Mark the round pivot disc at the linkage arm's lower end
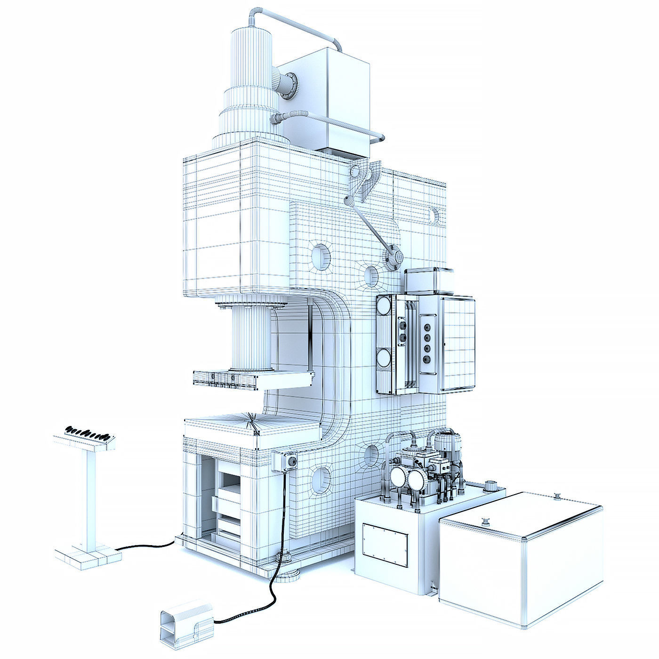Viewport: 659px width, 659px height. [393, 257]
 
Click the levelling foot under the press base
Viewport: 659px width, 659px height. [288, 574]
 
